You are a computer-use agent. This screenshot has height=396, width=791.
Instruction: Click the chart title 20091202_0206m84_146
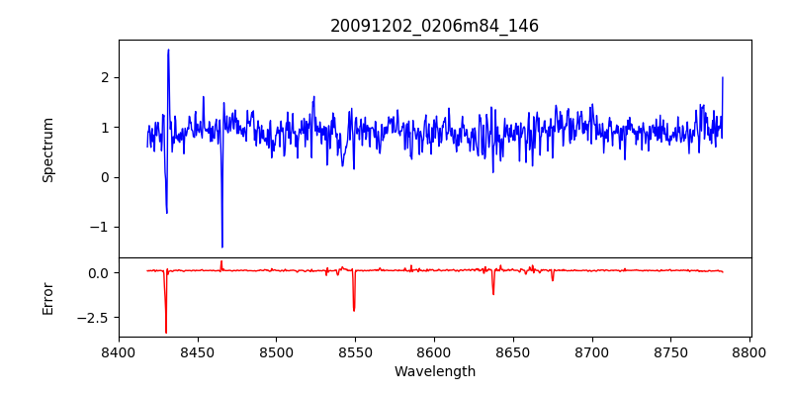tap(434, 26)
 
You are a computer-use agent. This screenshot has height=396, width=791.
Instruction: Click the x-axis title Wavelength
tap(434, 372)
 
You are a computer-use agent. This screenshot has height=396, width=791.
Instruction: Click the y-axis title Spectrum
tap(47, 149)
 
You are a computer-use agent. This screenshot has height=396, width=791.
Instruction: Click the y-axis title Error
tap(47, 297)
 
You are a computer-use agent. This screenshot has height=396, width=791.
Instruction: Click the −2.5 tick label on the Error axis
tap(94, 318)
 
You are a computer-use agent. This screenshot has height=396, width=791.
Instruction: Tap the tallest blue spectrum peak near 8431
tap(168, 49)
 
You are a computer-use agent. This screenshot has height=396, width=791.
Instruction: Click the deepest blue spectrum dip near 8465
tap(221, 247)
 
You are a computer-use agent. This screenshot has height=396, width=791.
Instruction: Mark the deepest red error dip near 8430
tap(166, 332)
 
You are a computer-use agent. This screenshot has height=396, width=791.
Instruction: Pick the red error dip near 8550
tap(354, 310)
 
